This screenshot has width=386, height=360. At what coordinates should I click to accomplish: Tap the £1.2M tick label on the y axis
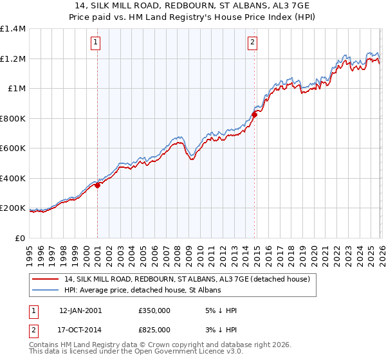[x=13, y=59]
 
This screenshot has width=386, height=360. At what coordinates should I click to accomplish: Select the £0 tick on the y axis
[x=19, y=238]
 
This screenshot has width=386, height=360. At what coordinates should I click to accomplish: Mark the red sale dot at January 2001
[x=98, y=186]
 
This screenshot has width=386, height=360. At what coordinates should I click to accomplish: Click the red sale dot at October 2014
[x=254, y=114]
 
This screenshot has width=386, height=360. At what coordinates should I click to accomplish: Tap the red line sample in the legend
[x=46, y=279]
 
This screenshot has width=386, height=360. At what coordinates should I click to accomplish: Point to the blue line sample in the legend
[x=46, y=291]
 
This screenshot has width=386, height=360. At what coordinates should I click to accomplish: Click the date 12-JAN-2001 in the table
[x=80, y=310]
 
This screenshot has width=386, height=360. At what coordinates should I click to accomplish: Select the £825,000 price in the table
[x=154, y=329]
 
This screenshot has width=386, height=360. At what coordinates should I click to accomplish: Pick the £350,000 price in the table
[x=154, y=310]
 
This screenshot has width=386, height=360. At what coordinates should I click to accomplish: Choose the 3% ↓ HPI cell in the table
[x=219, y=329]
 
